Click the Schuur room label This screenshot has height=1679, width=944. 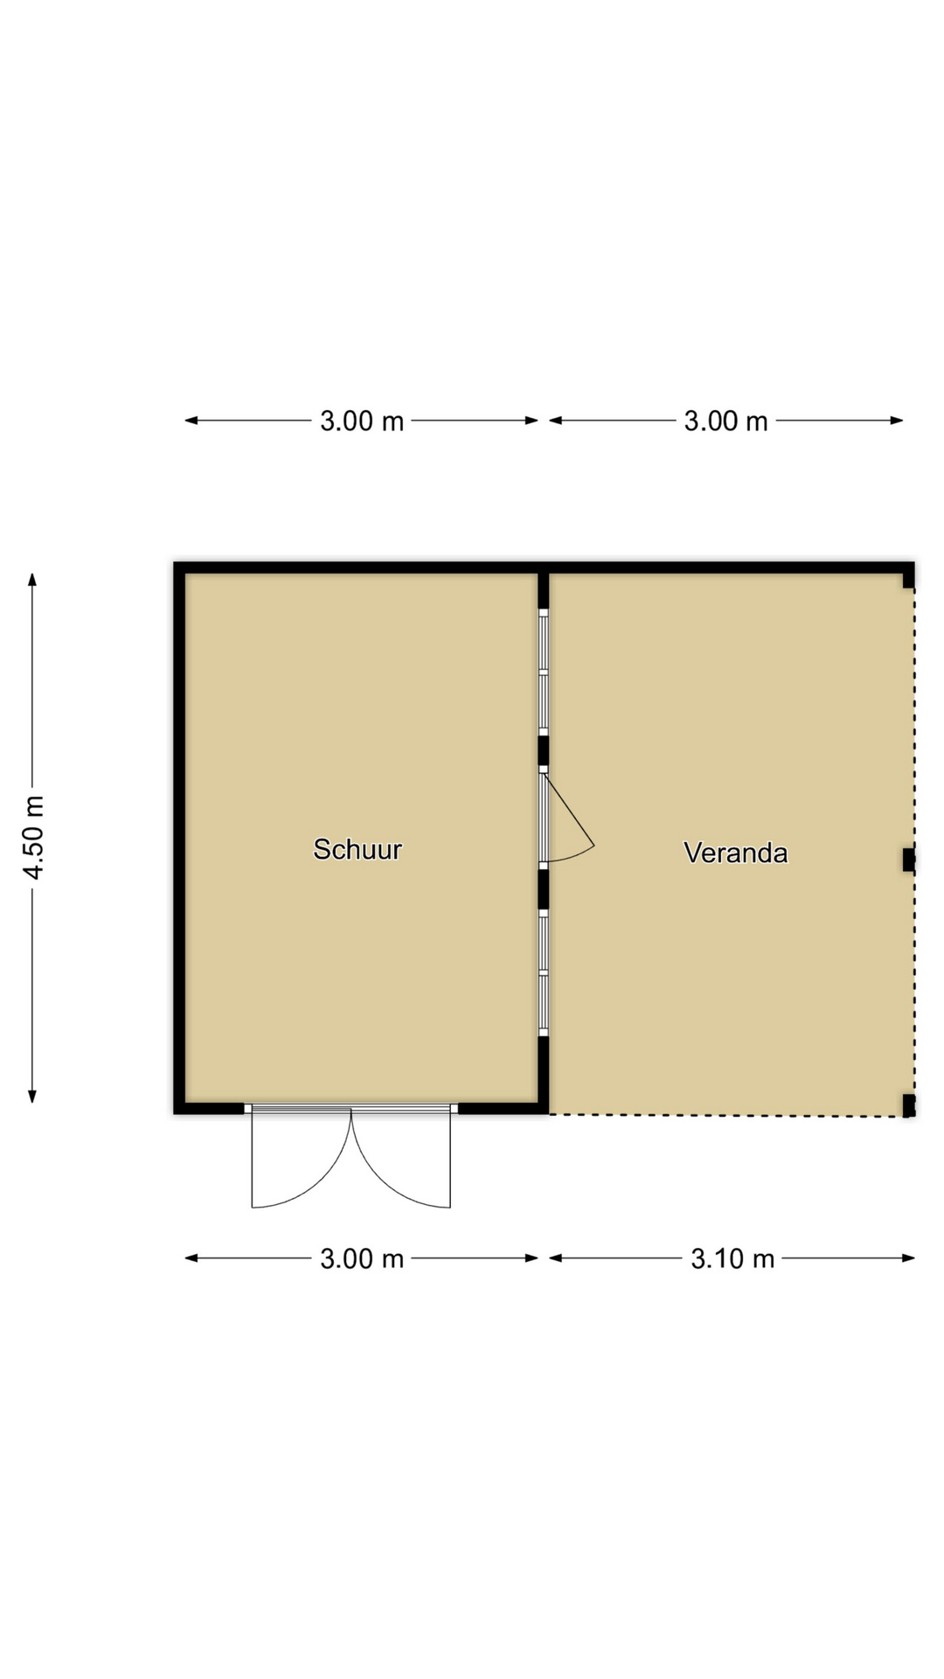pyautogui.click(x=357, y=849)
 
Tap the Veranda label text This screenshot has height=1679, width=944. pyautogui.click(x=735, y=853)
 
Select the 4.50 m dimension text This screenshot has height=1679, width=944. pyautogui.click(x=34, y=838)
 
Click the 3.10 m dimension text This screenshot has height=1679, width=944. pyautogui.click(x=732, y=1258)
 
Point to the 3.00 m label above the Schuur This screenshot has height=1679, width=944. pyautogui.click(x=362, y=421)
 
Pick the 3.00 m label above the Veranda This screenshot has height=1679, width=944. pyautogui.click(x=725, y=421)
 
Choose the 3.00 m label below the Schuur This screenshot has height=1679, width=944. pyautogui.click(x=362, y=1258)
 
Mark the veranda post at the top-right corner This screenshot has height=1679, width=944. pyautogui.click(x=909, y=576)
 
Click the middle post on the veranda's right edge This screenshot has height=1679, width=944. pyautogui.click(x=909, y=860)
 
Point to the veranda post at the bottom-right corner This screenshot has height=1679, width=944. pyautogui.click(x=909, y=1105)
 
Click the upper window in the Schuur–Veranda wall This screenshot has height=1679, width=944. pyautogui.click(x=543, y=672)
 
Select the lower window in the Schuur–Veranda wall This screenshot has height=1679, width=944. pyautogui.click(x=543, y=972)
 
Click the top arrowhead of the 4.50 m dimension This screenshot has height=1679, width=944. pyautogui.click(x=32, y=579)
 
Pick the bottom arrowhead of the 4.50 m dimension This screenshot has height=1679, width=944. pyautogui.click(x=32, y=1097)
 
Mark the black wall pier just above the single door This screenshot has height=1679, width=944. pyautogui.click(x=543, y=750)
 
